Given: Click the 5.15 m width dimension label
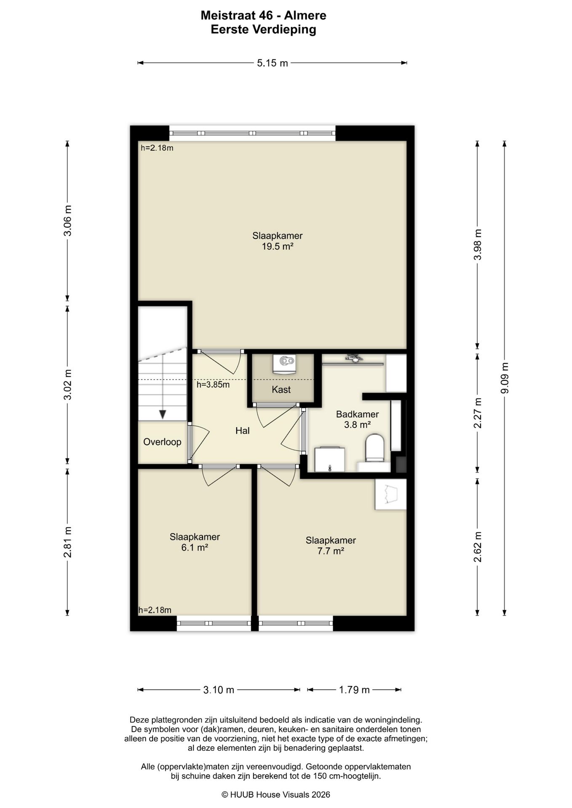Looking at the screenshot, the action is pyautogui.click(x=273, y=63).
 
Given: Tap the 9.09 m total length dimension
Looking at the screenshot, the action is pyautogui.click(x=505, y=378).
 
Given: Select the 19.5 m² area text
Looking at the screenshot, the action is pyautogui.click(x=278, y=247).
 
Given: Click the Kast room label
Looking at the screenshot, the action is pyautogui.click(x=281, y=390).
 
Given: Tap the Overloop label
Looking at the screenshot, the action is pyautogui.click(x=162, y=442).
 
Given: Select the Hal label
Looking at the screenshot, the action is pyautogui.click(x=243, y=431).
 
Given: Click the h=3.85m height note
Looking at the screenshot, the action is pyautogui.click(x=213, y=384).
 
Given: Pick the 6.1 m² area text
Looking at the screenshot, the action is pyautogui.click(x=195, y=548).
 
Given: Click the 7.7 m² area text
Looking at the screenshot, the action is pyautogui.click(x=331, y=551).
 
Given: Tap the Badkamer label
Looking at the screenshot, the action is pyautogui.click(x=357, y=414).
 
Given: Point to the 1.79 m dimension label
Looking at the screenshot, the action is pyautogui.click(x=354, y=690).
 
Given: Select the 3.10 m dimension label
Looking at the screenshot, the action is pyautogui.click(x=219, y=690).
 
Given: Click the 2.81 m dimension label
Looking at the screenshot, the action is pyautogui.click(x=67, y=542).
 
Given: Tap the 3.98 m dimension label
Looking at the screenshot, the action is pyautogui.click(x=478, y=245).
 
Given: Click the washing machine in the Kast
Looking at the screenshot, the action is pyautogui.click(x=284, y=364).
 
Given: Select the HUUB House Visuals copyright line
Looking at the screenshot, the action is pyautogui.click(x=276, y=795).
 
